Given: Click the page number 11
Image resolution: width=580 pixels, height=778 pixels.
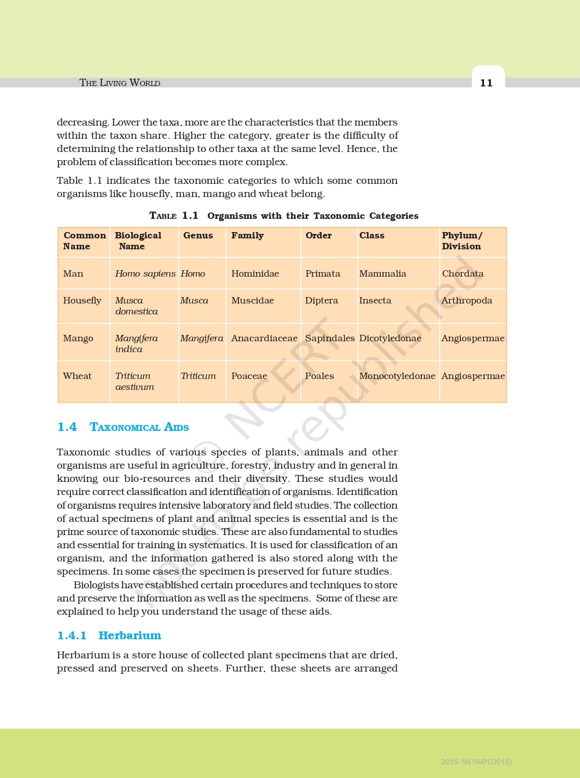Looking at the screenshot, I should pyautogui.click(x=486, y=83).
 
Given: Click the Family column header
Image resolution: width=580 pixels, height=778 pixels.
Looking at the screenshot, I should pyautogui.click(x=247, y=235).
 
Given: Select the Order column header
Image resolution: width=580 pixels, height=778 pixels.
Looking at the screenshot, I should pyautogui.click(x=318, y=235).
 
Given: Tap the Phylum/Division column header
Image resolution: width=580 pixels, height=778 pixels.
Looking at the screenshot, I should pyautogui.click(x=462, y=241).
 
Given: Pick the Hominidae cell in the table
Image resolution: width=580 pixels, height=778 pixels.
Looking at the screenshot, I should pyautogui.click(x=255, y=273).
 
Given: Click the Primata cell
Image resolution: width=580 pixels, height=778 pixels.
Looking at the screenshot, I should pyautogui.click(x=323, y=273).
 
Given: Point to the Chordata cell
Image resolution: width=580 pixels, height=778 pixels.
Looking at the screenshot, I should pyautogui.click(x=463, y=273).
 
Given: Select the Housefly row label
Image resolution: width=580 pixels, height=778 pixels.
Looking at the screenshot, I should pyautogui.click(x=82, y=300).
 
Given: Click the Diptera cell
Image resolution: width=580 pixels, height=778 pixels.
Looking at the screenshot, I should pyautogui.click(x=322, y=300).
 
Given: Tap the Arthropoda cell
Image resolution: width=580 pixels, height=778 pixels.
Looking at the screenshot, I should pyautogui.click(x=467, y=300).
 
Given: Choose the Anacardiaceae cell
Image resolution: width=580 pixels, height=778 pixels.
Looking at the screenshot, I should pyautogui.click(x=264, y=338).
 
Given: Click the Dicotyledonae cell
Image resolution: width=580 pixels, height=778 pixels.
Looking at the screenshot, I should pyautogui.click(x=390, y=338).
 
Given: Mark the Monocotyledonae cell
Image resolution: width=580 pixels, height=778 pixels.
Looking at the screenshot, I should pyautogui.click(x=397, y=376).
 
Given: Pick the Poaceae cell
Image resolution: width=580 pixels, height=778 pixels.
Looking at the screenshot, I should pyautogui.click(x=249, y=376).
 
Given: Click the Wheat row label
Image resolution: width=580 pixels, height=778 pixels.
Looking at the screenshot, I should pyautogui.click(x=77, y=376).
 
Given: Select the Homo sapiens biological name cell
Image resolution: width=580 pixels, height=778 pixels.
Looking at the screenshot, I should pyautogui.click(x=145, y=273).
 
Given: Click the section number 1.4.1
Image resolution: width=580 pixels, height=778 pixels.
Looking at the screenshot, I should pyautogui.click(x=72, y=635).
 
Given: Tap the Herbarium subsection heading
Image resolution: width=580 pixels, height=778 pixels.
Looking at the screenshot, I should pyautogui.click(x=130, y=635).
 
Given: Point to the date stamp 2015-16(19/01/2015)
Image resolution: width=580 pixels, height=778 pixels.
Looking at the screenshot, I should pyautogui.click(x=476, y=761).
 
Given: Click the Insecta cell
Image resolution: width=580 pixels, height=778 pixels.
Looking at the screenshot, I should pyautogui.click(x=375, y=300).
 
